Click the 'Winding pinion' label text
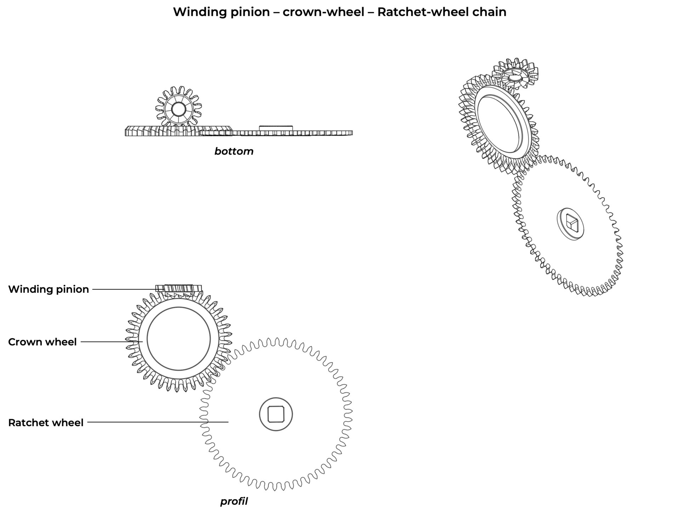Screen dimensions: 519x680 point(49,289)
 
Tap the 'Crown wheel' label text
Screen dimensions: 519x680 point(42,342)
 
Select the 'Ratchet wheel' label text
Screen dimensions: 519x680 point(46,423)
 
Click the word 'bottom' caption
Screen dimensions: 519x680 point(234,152)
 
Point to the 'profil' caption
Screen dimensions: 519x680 point(234,501)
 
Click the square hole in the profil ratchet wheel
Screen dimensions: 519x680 point(276,414)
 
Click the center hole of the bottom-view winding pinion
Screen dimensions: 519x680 point(178,110)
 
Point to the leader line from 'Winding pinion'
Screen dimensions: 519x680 point(124,289)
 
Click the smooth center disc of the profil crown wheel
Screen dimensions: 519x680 point(178,339)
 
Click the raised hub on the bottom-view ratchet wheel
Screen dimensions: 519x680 point(276,128)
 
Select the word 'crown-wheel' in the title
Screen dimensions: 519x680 point(323,12)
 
